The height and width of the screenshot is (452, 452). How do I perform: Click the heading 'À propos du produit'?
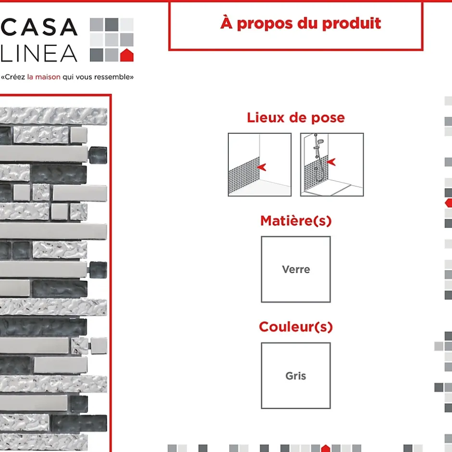pos(301,23)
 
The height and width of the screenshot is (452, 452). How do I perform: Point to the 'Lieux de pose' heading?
pos(296,117)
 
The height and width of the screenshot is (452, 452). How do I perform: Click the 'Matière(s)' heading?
pos(296,221)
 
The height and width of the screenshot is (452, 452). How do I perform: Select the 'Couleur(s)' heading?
pos(296,327)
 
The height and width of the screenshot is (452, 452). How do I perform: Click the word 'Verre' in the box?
pos(296,269)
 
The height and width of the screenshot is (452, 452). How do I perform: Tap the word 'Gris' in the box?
pos(296,376)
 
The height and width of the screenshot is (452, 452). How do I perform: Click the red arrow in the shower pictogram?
pos(331,163)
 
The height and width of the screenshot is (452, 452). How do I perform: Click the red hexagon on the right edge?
pos(449,203)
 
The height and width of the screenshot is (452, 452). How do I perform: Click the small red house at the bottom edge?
pos(326,449)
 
